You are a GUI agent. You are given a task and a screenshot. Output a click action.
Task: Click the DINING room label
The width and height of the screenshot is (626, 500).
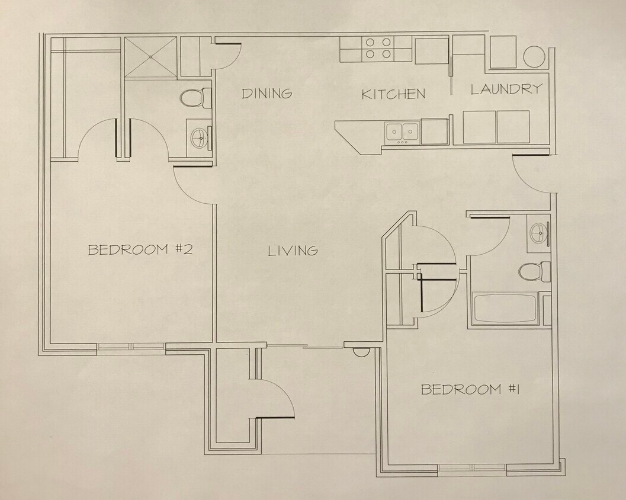[267, 93]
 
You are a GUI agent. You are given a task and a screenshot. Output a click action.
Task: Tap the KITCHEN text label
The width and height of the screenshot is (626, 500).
[393, 94]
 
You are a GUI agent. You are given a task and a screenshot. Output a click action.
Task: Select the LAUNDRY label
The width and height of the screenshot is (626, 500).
[506, 89]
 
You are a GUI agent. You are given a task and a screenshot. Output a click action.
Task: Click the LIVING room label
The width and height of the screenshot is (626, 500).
[293, 251]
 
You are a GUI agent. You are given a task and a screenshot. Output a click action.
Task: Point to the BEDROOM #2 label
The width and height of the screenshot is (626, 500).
[140, 249]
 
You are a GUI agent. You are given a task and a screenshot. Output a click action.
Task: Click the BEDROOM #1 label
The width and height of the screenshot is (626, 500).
[470, 389]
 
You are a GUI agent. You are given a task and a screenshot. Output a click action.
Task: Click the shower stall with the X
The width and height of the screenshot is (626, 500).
[150, 57]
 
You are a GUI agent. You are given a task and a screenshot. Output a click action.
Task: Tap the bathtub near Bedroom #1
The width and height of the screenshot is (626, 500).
[506, 308]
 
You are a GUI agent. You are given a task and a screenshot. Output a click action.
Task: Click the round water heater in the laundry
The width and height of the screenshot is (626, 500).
[534, 56]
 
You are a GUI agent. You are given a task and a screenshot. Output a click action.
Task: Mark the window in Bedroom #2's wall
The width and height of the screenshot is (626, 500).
[131, 347]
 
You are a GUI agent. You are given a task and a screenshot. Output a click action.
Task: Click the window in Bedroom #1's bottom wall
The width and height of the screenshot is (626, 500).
[472, 470]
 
